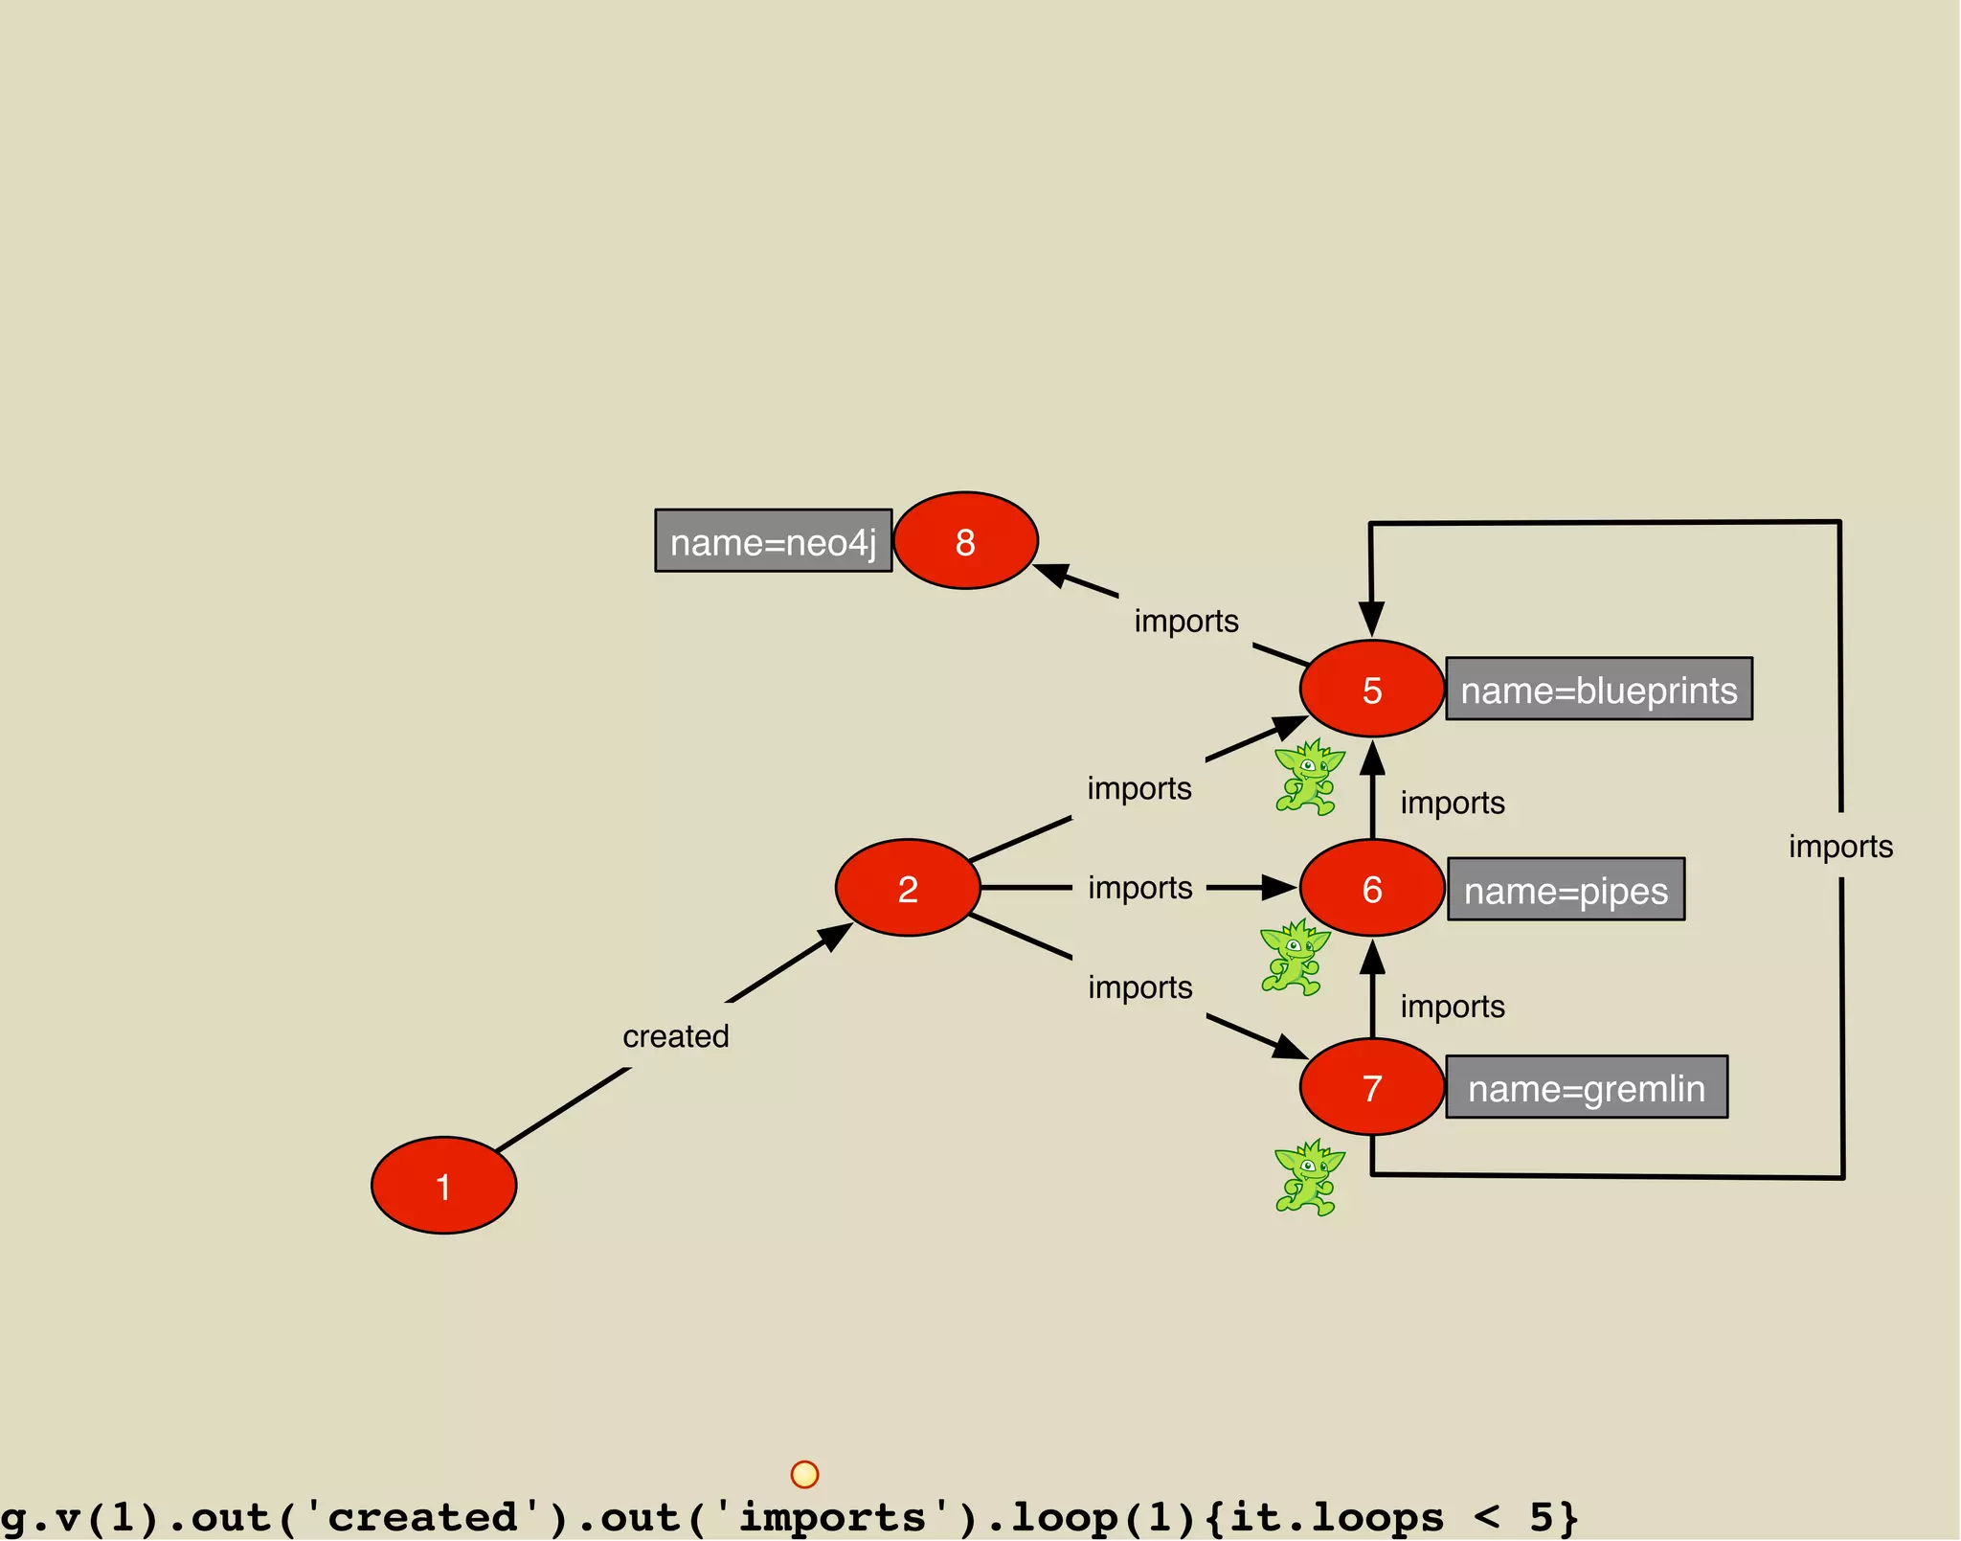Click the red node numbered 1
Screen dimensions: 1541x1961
(x=443, y=1186)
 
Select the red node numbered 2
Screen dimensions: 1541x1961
(x=908, y=888)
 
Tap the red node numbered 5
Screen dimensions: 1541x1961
(x=1371, y=689)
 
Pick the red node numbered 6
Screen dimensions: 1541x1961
(x=1371, y=888)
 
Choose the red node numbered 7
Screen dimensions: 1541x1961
(x=1371, y=1087)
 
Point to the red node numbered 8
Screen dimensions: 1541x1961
(x=965, y=541)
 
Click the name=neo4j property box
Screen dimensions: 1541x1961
(x=773, y=541)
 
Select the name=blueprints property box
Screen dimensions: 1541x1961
(x=1598, y=689)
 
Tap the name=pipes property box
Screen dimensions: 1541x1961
(x=1566, y=890)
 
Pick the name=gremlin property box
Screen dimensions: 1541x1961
(x=1587, y=1087)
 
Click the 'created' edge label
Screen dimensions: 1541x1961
(x=676, y=1036)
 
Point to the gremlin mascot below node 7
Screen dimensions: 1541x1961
(x=1308, y=1177)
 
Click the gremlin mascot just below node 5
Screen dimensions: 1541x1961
(x=1308, y=777)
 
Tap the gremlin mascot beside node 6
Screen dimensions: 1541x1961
(x=1295, y=957)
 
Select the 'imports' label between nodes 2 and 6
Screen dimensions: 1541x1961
(x=1139, y=888)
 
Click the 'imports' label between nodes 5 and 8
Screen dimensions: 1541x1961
(x=1186, y=621)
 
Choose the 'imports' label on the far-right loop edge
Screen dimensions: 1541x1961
(x=1840, y=847)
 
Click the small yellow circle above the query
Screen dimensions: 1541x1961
(x=805, y=1474)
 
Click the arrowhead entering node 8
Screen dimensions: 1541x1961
(x=1052, y=574)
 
